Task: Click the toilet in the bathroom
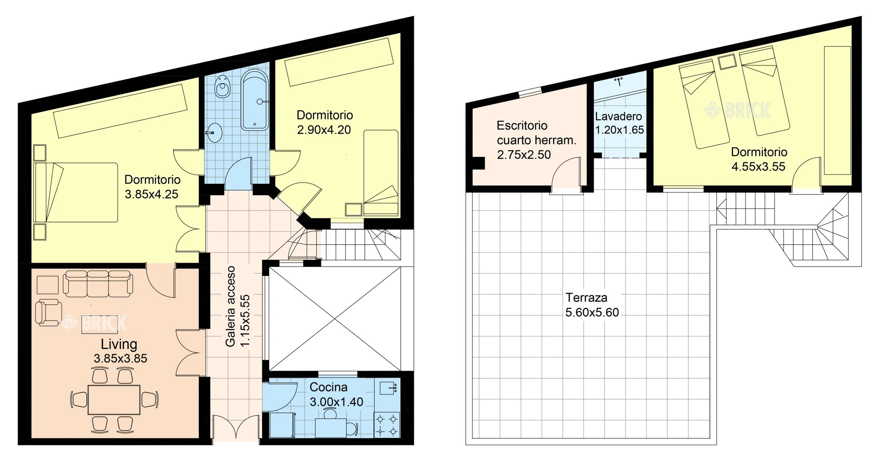[222, 86]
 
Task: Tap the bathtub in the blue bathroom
[255, 100]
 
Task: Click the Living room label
[119, 344]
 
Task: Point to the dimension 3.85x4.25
[152, 194]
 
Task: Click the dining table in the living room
[114, 399]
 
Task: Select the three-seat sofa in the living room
[98, 284]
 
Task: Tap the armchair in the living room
[49, 312]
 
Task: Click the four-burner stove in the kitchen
[387, 425]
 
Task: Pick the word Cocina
[328, 387]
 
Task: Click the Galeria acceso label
[230, 306]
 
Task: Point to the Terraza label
[586, 298]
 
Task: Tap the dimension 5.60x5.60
[592, 312]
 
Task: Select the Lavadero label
[619, 116]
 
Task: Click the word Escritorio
[522, 125]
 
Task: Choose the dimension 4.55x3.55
[758, 167]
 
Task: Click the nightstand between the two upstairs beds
[727, 62]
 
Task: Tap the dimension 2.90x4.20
[324, 130]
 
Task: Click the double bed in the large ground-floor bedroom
[76, 192]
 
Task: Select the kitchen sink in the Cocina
[388, 387]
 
